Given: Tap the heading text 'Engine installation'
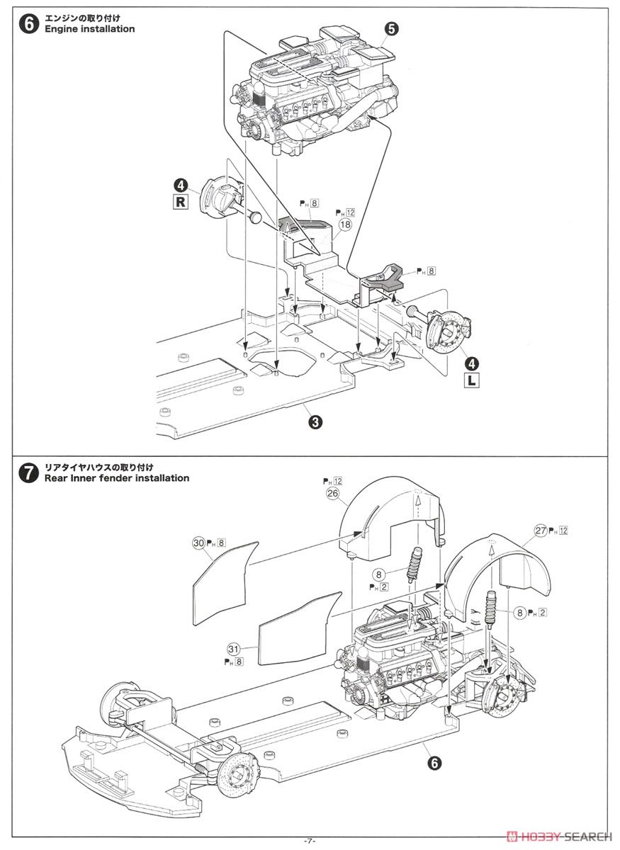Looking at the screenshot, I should tap(89, 29).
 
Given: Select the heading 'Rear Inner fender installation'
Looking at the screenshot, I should tap(117, 478).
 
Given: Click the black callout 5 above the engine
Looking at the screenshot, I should tap(393, 28).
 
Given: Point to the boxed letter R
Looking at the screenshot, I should tap(181, 201).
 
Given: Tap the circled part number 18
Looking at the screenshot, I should tap(345, 225).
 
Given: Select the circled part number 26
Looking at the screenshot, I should tap(333, 494).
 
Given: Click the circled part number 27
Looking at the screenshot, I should tap(541, 530).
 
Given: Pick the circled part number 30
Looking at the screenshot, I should tap(198, 543).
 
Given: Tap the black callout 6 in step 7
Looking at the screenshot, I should tap(434, 762).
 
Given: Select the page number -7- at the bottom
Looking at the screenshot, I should tap(309, 840).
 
